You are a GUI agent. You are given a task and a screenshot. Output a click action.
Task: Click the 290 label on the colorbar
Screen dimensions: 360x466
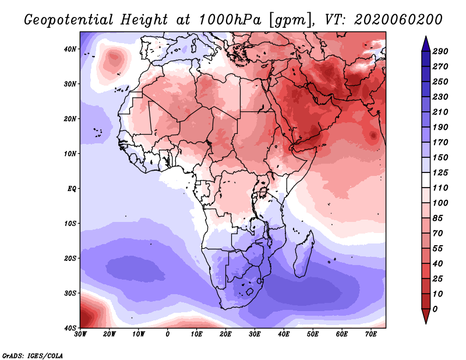(x=440, y=52)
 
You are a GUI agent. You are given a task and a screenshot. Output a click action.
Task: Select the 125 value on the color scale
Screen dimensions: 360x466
(x=440, y=173)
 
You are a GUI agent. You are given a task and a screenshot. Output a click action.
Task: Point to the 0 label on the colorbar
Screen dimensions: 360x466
(x=435, y=308)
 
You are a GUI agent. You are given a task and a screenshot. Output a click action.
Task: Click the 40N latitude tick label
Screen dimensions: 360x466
(x=70, y=49)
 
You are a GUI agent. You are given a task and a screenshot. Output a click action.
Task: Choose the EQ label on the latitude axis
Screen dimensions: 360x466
(x=72, y=189)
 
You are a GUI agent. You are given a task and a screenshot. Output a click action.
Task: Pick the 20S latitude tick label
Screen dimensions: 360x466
(x=70, y=258)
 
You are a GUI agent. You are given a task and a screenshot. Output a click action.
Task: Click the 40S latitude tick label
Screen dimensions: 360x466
(x=70, y=328)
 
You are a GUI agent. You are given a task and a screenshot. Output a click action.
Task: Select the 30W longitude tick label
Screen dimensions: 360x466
(x=80, y=334)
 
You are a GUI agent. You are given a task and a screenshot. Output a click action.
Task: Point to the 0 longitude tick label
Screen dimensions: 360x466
(x=168, y=334)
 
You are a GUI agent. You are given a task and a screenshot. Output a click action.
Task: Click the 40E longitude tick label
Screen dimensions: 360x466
(x=284, y=334)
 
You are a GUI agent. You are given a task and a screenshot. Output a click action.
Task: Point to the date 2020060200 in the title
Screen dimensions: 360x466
(x=393, y=19)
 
